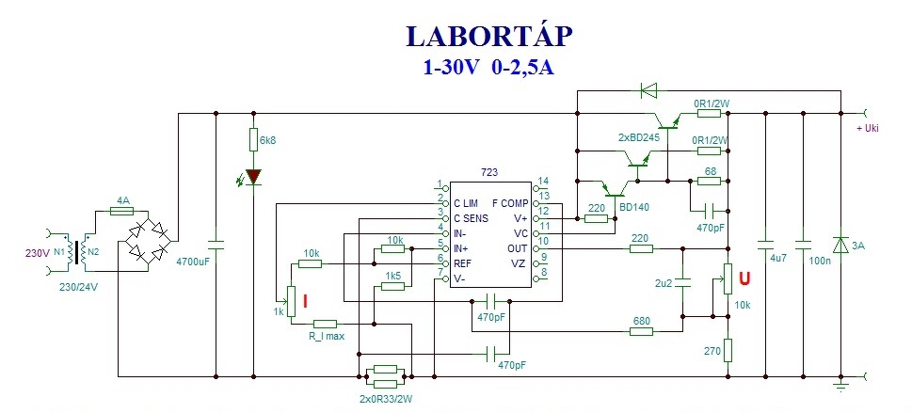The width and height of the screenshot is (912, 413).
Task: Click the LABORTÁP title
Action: pyautogui.click(x=489, y=35)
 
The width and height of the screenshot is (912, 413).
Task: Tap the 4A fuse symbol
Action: pyautogui.click(x=122, y=213)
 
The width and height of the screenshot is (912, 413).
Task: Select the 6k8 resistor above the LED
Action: pyautogui.click(x=253, y=140)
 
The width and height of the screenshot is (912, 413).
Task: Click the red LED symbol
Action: pyautogui.click(x=253, y=176)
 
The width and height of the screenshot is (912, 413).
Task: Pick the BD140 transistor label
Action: pyautogui.click(x=636, y=207)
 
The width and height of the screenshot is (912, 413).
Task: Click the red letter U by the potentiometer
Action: pyautogui.click(x=744, y=278)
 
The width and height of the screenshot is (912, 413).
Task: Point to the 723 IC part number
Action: pyautogui.click(x=489, y=173)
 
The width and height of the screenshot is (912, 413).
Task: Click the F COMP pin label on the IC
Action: pyautogui.click(x=511, y=203)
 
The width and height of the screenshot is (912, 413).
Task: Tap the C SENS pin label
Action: pyautogui.click(x=472, y=218)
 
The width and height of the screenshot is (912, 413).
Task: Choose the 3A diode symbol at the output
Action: pyautogui.click(x=840, y=246)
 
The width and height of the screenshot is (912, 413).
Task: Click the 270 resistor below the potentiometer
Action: pyautogui.click(x=728, y=350)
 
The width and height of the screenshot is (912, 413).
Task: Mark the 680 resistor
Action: pyautogui.click(x=641, y=331)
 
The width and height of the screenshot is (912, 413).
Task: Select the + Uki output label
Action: pyautogui.click(x=867, y=129)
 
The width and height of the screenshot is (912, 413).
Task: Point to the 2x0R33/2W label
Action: pyautogui.click(x=385, y=399)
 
